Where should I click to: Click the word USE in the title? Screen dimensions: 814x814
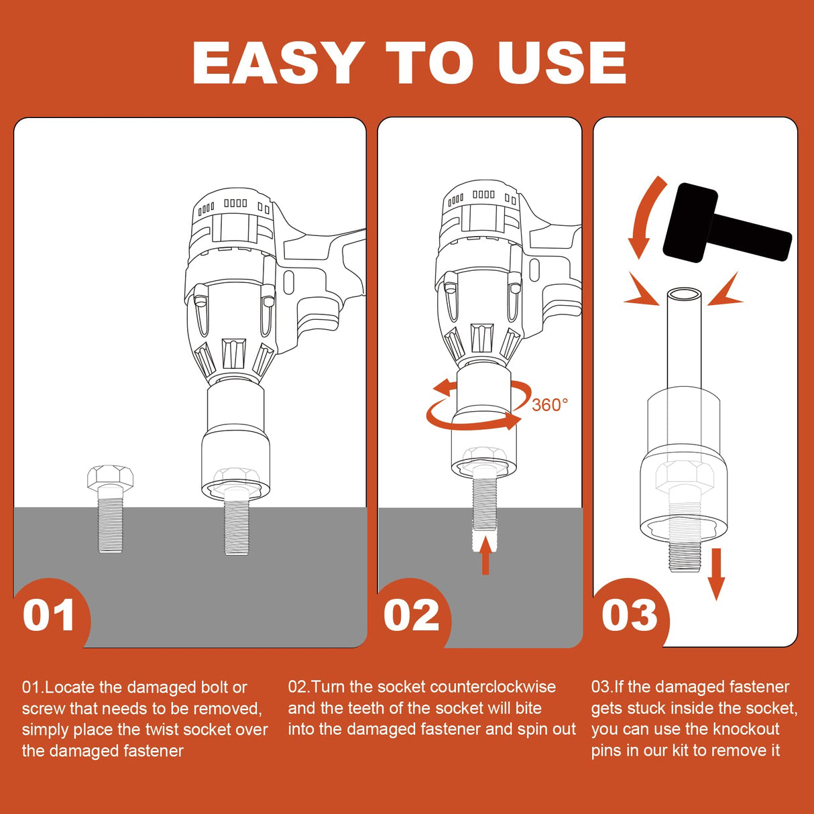click(x=562, y=63)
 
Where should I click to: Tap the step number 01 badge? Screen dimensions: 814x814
click(x=49, y=616)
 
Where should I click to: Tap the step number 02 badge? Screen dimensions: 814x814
click(x=412, y=616)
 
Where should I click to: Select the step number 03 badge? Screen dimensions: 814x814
click(x=630, y=616)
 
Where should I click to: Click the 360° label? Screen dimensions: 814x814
click(x=550, y=405)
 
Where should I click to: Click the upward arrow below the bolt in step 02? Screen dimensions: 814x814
click(x=485, y=555)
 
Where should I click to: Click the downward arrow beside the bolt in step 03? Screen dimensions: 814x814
click(x=715, y=575)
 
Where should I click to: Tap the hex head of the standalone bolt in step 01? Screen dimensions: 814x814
click(x=110, y=477)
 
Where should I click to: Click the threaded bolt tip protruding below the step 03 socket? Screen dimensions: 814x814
click(x=685, y=558)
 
